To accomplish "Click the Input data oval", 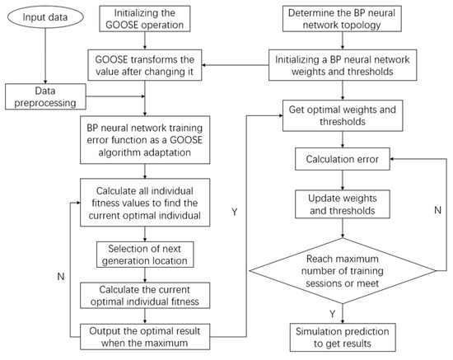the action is (x=45, y=17).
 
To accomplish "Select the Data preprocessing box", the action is (x=45, y=96).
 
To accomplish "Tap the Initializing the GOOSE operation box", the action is (x=145, y=19).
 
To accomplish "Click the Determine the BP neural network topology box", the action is (x=342, y=19).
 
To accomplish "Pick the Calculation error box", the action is (x=343, y=159).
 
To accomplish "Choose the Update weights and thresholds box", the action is (x=343, y=204).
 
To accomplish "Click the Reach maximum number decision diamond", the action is (x=343, y=271).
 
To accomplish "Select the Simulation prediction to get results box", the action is (x=343, y=337).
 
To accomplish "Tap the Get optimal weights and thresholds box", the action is (x=343, y=115).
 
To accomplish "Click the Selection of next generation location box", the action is (x=145, y=255).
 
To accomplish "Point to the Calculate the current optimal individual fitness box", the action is (x=145, y=296).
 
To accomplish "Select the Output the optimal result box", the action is (x=145, y=337).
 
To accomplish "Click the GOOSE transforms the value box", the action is (x=145, y=65).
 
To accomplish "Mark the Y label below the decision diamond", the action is (x=333, y=314).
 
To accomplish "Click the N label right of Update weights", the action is (x=437, y=210).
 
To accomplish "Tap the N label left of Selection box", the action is (x=61, y=277).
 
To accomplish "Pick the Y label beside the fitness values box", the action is (x=234, y=212).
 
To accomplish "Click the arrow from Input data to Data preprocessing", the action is (x=45, y=56).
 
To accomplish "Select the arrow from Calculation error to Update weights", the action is (x=343, y=180).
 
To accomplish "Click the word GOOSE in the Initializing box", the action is (x=122, y=25).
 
